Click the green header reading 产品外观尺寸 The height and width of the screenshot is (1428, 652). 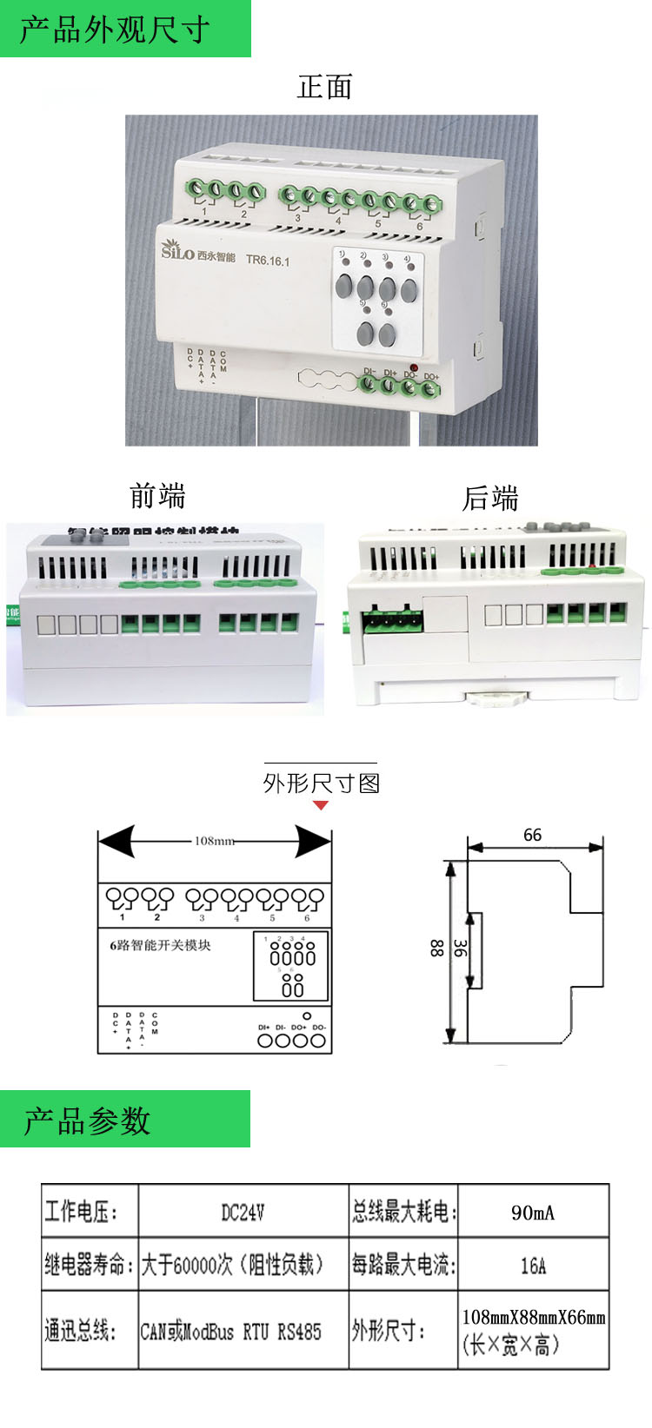[116, 30]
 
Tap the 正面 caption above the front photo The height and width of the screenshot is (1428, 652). [324, 87]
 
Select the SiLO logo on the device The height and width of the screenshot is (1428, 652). [178, 252]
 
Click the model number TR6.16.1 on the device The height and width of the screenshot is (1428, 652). [267, 260]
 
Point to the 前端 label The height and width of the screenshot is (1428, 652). [157, 496]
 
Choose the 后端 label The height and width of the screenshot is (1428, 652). [490, 499]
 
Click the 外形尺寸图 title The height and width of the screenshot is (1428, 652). [322, 783]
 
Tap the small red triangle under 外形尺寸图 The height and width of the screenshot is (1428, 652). [321, 805]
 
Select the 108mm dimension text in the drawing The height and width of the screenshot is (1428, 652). [214, 841]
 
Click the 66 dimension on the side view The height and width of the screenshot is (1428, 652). [532, 835]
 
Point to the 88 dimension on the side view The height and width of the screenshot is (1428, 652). [436, 948]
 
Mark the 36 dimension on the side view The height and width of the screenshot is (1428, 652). [460, 949]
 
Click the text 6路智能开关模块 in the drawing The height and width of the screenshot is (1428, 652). [161, 945]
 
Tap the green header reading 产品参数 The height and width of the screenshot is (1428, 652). [87, 1121]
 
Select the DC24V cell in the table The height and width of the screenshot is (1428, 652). [243, 1212]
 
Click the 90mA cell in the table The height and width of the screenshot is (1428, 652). [533, 1213]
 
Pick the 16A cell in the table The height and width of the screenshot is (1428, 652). [533, 1266]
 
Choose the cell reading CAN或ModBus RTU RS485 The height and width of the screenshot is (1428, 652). [231, 1331]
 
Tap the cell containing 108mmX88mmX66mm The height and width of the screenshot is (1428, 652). [533, 1330]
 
